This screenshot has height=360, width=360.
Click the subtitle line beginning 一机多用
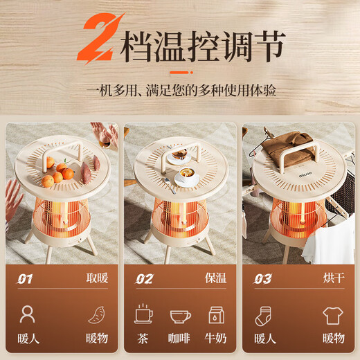pos(180,91)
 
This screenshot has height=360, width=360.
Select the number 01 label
pos(26,280)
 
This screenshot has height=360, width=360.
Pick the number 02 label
pos(144,280)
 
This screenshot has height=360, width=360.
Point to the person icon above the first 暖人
pos(28,315)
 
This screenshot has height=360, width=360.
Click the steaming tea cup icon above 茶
pos(144,315)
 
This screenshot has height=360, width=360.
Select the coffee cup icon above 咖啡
pos(180,316)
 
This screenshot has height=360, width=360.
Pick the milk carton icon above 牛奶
pos(216,315)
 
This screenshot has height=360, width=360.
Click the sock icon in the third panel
pos(263,316)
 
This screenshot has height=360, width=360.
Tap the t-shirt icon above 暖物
pos(333,316)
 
